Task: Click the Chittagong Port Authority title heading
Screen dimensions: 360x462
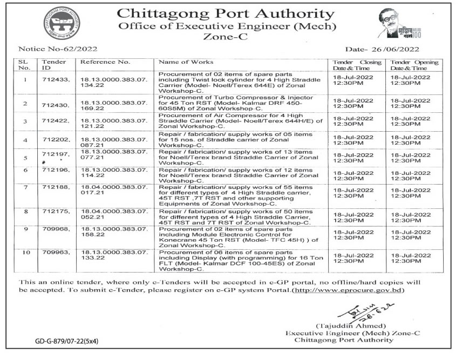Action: (226, 12)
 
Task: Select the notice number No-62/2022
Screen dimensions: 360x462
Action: (58, 49)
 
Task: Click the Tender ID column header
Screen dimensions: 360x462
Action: (53, 65)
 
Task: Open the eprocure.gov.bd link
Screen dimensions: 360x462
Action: (348, 290)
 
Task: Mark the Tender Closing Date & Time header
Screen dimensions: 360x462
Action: (356, 65)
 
